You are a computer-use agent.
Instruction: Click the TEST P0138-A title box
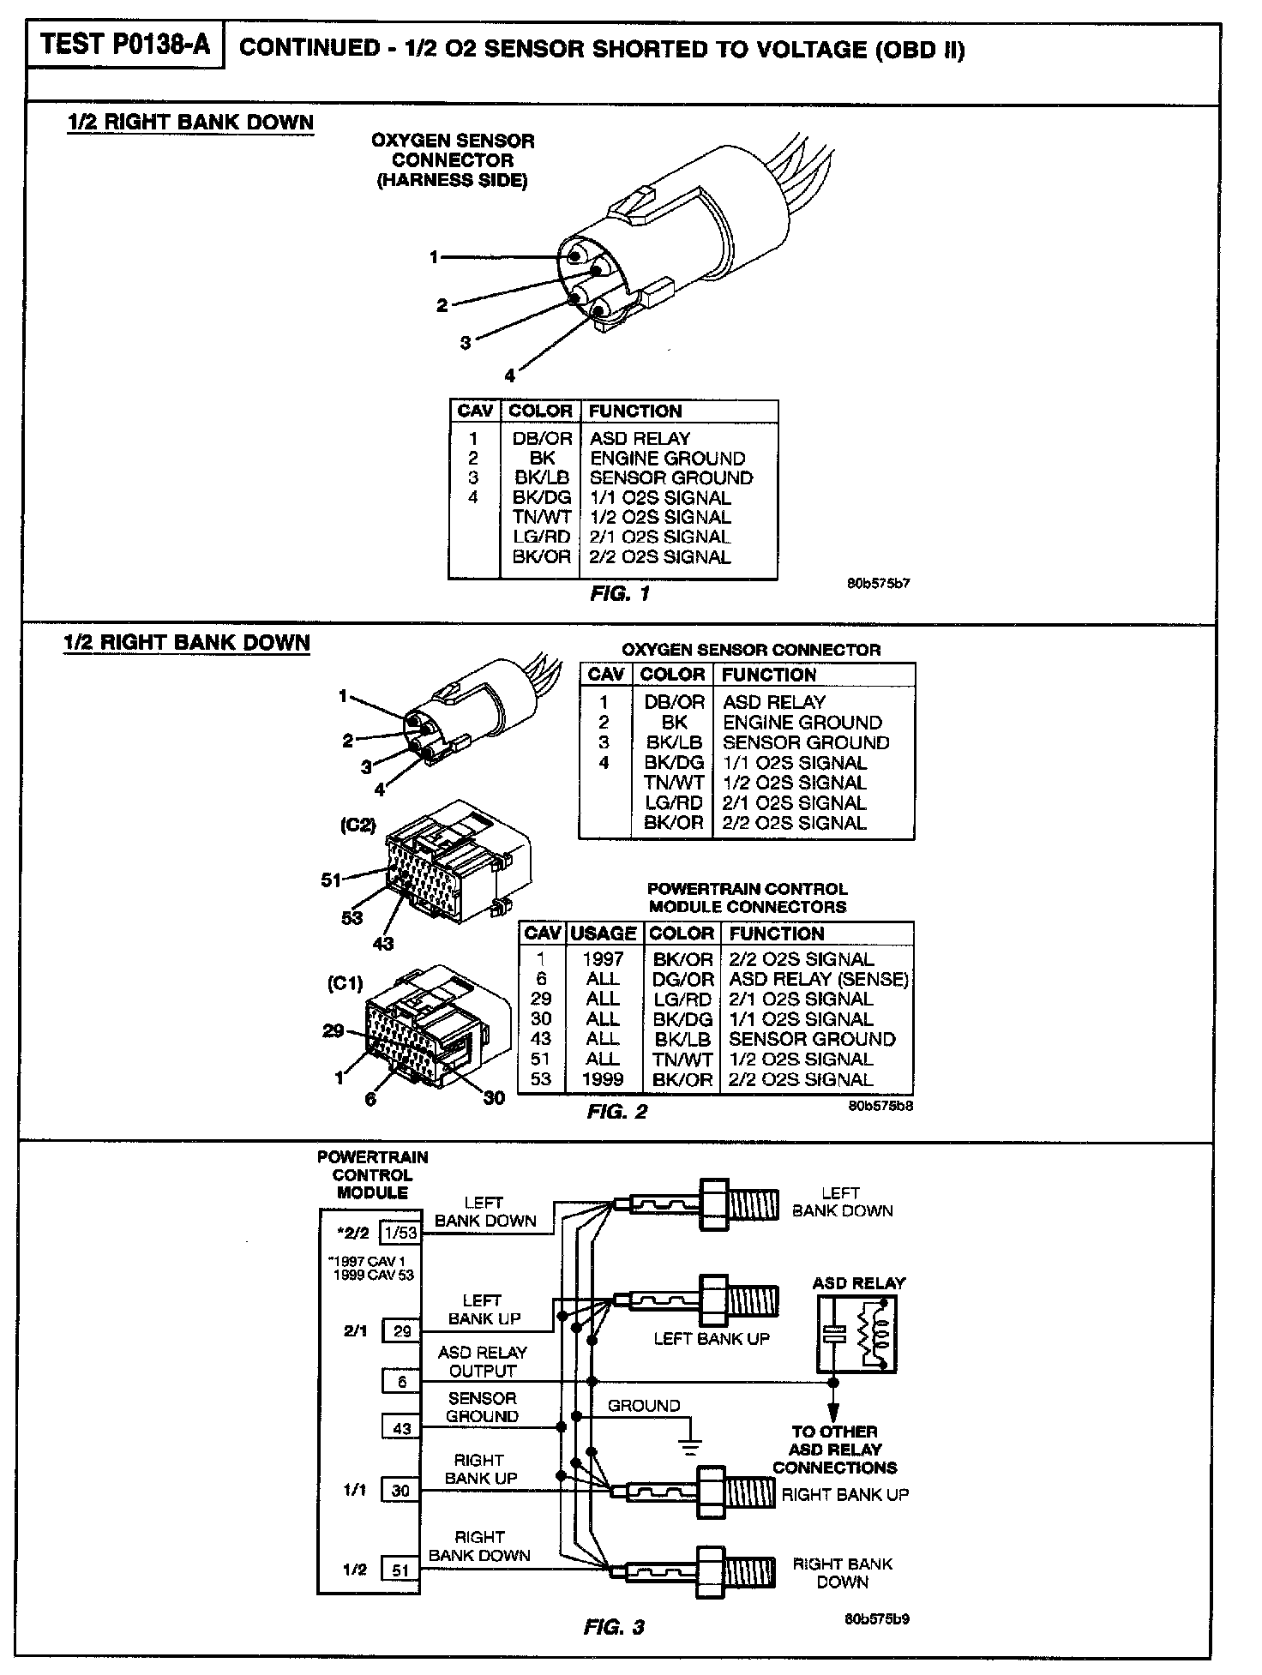125,45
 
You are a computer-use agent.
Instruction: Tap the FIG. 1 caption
620,594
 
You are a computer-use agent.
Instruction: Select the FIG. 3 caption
614,1627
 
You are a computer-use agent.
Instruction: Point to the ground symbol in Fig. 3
690,1447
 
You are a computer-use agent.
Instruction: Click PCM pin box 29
401,1331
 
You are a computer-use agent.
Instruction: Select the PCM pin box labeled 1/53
400,1234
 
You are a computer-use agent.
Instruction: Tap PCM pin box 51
400,1570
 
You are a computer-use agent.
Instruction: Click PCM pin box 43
401,1429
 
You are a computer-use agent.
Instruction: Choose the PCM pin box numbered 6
401,1382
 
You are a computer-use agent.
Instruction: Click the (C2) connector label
358,825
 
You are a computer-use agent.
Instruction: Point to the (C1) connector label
346,984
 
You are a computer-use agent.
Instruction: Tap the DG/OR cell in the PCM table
682,979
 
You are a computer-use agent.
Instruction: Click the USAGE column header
603,934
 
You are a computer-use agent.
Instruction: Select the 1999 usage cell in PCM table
603,1079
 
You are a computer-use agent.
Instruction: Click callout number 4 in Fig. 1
510,375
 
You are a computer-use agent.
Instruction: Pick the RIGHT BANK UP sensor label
844,1494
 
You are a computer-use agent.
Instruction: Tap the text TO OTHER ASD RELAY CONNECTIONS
834,1450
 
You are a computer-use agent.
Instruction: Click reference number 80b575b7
878,584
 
